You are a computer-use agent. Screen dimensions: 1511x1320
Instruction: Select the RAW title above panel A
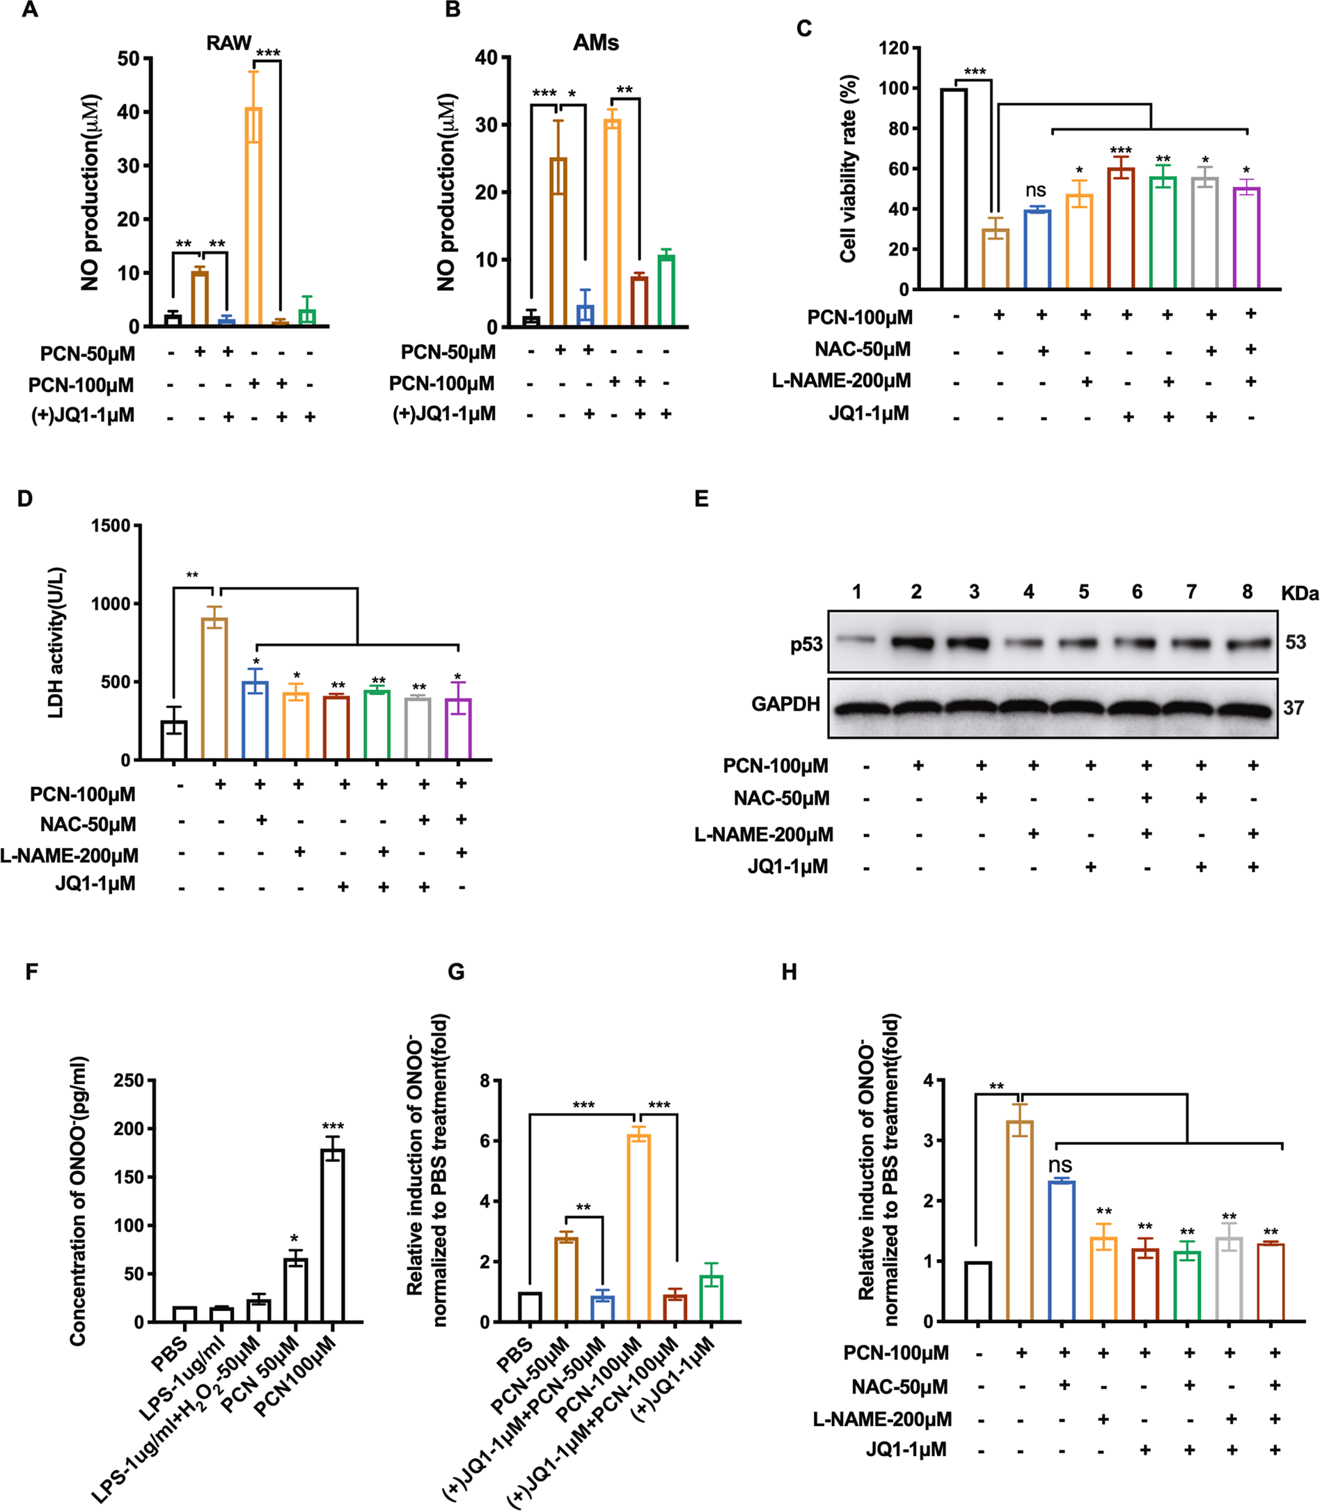[228, 42]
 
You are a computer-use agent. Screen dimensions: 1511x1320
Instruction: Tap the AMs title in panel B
[595, 42]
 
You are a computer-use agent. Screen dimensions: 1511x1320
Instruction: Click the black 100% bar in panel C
[954, 189]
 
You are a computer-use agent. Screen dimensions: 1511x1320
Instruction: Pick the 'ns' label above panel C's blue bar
[1036, 191]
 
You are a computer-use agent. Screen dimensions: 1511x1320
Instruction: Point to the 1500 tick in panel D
[111, 526]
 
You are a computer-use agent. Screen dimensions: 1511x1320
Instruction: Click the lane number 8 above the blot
[1246, 593]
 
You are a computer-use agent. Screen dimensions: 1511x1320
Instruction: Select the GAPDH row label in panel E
[785, 704]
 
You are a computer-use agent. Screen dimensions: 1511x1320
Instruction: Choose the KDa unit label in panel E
[1299, 594]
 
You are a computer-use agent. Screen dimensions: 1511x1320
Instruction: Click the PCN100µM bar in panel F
[333, 1235]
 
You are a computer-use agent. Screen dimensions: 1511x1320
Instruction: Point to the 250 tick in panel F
[129, 1081]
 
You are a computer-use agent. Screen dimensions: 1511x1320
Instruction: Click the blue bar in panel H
[1061, 1250]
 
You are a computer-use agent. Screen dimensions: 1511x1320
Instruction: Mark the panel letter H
[789, 973]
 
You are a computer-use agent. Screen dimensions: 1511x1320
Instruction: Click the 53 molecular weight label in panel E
[1295, 643]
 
